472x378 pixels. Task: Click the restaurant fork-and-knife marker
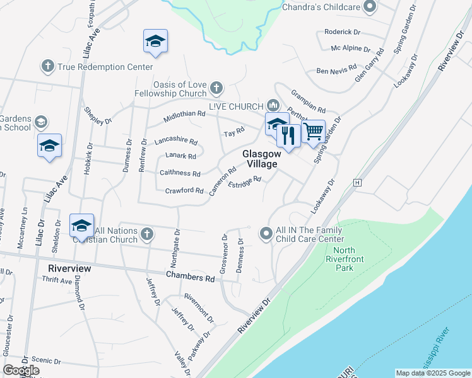pyautogui.click(x=288, y=135)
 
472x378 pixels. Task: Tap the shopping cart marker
pyautogui.click(x=313, y=131)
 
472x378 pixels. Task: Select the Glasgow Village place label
pyautogui.click(x=260, y=159)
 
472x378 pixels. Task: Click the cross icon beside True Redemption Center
pyautogui.click(x=48, y=66)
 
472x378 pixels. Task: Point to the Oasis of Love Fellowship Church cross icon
pyautogui.click(x=216, y=88)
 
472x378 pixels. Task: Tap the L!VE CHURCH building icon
pyautogui.click(x=273, y=105)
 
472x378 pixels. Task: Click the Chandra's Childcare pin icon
pyautogui.click(x=370, y=7)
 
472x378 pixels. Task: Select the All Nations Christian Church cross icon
pyautogui.click(x=146, y=234)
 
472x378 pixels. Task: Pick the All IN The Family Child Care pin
pyautogui.click(x=266, y=234)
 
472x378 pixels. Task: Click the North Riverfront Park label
pyautogui.click(x=344, y=258)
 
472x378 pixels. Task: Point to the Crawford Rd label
pyautogui.click(x=184, y=191)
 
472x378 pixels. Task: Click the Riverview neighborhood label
pyautogui.click(x=69, y=268)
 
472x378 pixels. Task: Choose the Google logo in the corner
pyautogui.click(x=21, y=370)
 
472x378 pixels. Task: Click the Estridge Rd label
pyautogui.click(x=244, y=182)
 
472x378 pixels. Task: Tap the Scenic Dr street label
pyautogui.click(x=45, y=362)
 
